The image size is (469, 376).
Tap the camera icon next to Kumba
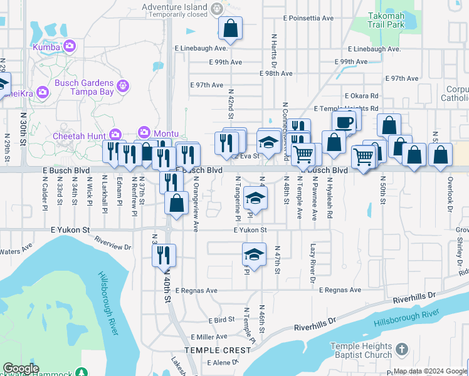pyautogui.click(x=70, y=46)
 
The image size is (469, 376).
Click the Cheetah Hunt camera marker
pyautogui.click(x=115, y=134)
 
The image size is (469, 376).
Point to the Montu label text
pyautogui.click(x=167, y=133)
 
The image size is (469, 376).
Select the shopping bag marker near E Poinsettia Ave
pyautogui.click(x=230, y=28)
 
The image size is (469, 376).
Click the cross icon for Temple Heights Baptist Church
pyautogui.click(x=402, y=348)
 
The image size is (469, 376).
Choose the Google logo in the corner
pyautogui.click(x=21, y=368)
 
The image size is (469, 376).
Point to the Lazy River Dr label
pyautogui.click(x=312, y=259)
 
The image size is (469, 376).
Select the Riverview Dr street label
pyautogui.click(x=113, y=243)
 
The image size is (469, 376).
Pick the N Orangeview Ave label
pyautogui.click(x=196, y=204)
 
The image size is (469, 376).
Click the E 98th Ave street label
pyautogui.click(x=276, y=73)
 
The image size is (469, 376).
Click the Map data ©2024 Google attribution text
pyautogui.click(x=430, y=372)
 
